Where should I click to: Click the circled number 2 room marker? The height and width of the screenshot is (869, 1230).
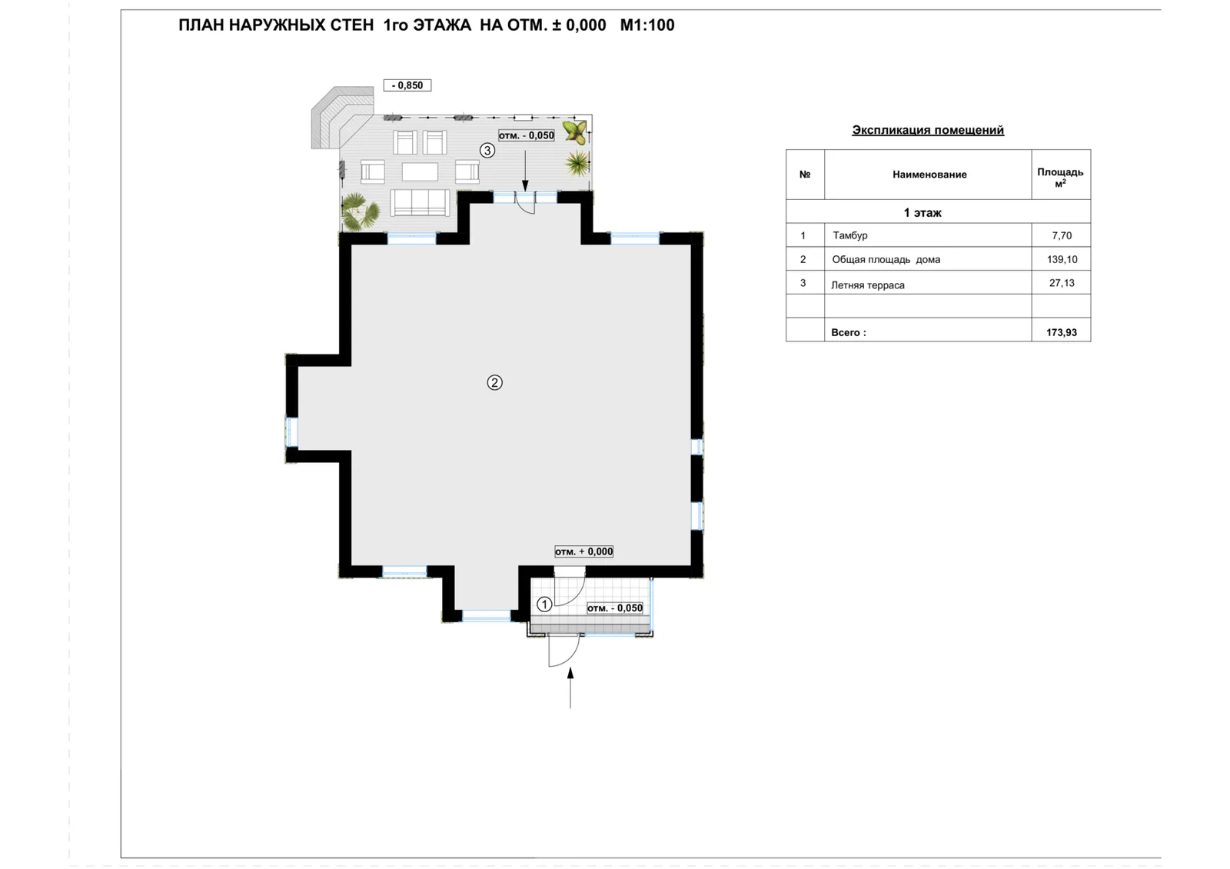click(494, 382)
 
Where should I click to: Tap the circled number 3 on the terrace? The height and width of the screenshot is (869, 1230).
click(487, 150)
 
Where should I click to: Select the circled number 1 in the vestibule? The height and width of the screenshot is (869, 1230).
click(544, 604)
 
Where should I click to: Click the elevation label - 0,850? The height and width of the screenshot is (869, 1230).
click(407, 85)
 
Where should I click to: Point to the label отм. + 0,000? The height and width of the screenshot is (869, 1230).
click(583, 551)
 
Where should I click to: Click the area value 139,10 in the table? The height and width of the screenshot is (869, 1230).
click(1062, 259)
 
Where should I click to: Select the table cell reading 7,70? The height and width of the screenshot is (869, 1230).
click(1062, 235)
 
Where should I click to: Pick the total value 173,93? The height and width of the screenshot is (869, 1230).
click(1062, 332)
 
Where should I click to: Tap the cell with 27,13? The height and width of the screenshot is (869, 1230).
click(1062, 283)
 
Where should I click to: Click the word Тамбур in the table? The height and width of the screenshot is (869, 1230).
click(850, 235)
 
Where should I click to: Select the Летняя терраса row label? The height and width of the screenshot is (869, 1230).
click(868, 285)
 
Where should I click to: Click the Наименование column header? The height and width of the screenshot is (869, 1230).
click(929, 175)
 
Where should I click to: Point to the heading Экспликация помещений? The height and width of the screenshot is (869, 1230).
click(927, 130)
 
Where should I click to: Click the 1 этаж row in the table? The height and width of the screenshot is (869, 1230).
click(922, 212)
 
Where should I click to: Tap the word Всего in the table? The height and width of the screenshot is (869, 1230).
click(849, 332)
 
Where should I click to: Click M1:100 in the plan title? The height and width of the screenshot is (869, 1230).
click(647, 25)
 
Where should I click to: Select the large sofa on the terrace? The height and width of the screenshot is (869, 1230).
click(420, 203)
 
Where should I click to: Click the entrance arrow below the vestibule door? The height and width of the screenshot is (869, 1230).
click(570, 688)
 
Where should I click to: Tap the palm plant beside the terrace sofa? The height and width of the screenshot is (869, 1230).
click(361, 211)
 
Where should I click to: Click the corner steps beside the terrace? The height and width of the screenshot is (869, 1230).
click(341, 116)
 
